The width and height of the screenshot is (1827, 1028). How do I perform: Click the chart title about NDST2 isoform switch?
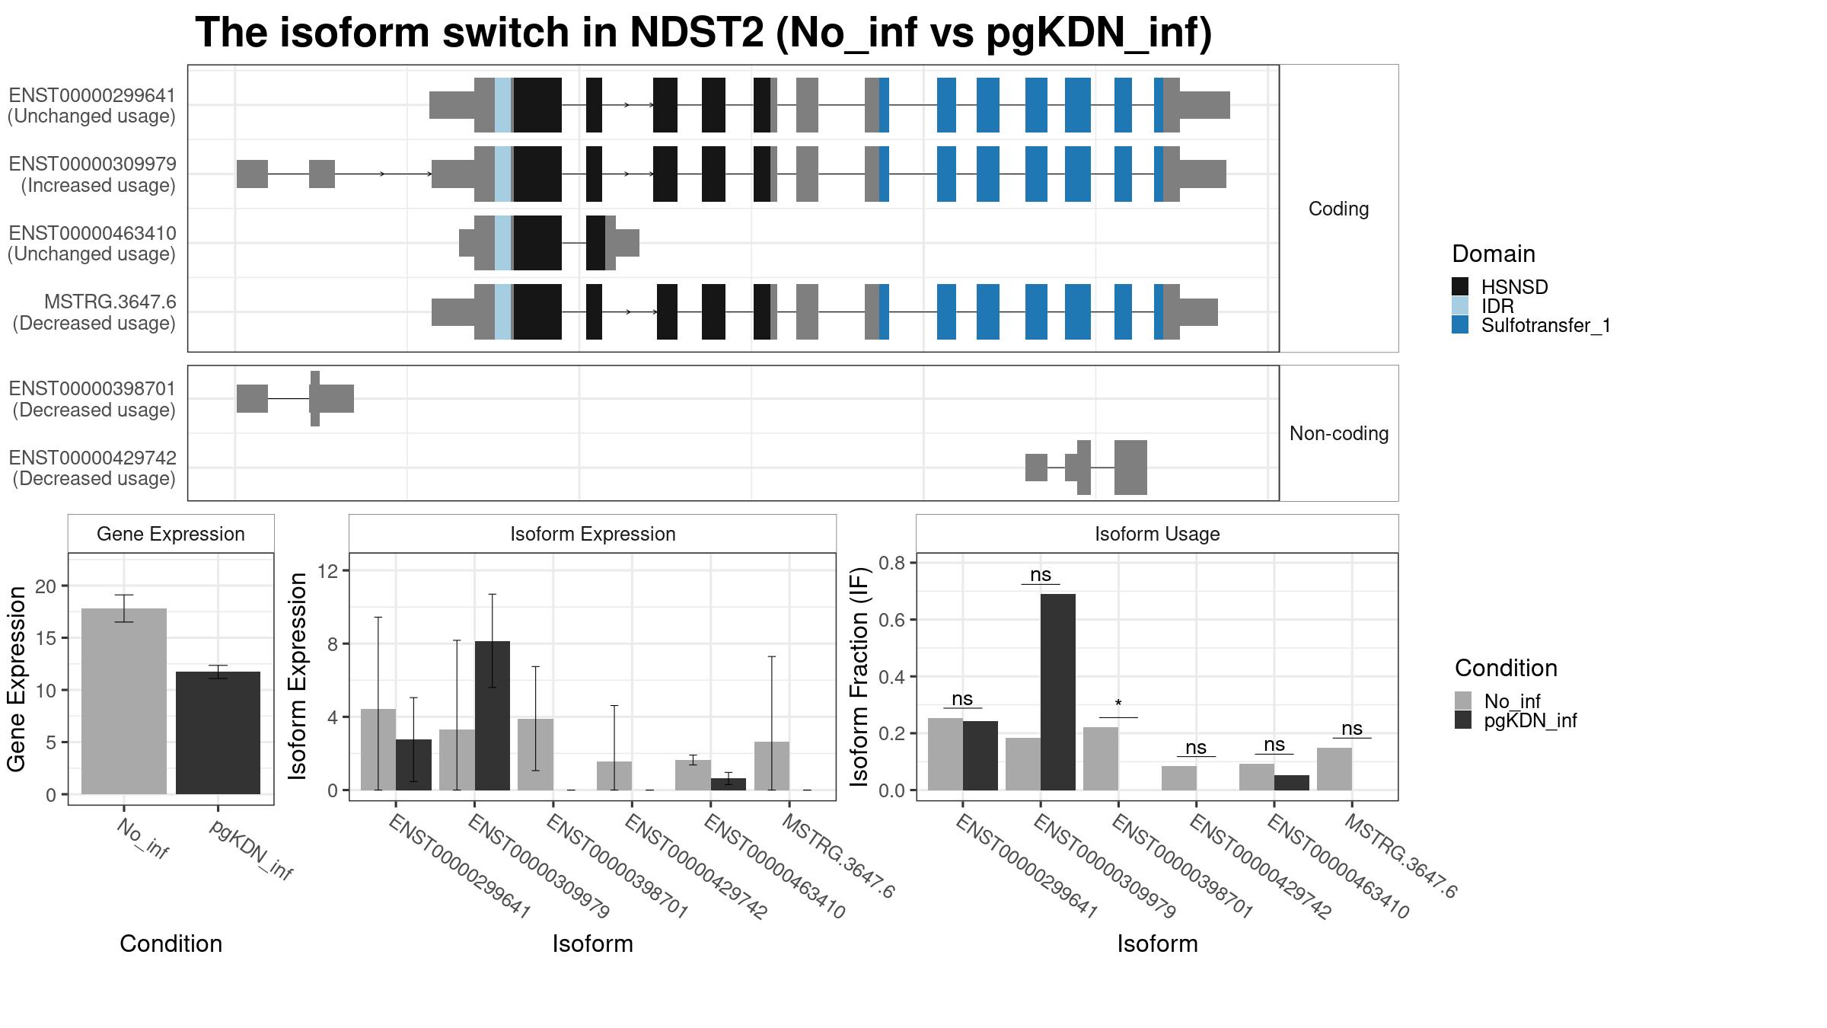[703, 34]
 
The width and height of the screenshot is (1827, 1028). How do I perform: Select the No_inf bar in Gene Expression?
[123, 701]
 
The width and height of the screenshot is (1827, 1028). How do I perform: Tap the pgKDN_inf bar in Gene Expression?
[218, 733]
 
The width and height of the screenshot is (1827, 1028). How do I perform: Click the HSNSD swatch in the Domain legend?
[1460, 287]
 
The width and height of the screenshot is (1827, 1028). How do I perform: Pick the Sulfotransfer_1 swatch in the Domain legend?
[1460, 325]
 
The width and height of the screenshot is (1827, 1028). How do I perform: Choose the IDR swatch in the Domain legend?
[1460, 306]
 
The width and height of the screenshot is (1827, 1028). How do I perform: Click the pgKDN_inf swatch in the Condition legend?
[1463, 720]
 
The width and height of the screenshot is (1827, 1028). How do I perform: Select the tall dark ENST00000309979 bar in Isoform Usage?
[1057, 691]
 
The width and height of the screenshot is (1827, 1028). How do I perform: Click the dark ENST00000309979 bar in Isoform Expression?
[492, 716]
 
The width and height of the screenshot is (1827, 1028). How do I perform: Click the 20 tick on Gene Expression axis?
[50, 586]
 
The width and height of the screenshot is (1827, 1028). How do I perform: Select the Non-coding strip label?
[1338, 433]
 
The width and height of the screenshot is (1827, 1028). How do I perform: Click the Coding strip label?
[1338, 209]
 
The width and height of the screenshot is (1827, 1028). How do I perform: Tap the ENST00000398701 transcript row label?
[93, 399]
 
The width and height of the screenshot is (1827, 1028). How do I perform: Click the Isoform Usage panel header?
[1156, 534]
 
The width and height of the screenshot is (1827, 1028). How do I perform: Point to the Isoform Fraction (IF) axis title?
[859, 676]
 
